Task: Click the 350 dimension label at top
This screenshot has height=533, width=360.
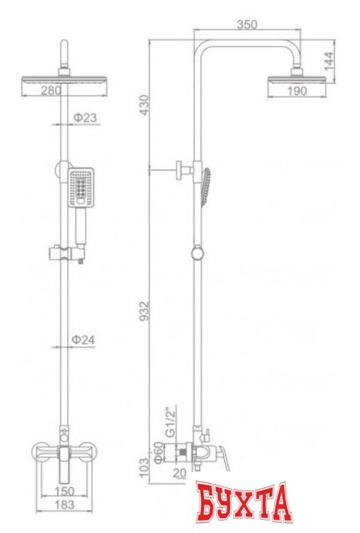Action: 247,25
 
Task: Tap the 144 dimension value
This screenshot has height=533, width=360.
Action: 328,61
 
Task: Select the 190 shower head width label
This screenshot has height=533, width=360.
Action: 297,91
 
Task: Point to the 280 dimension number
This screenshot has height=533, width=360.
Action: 52,91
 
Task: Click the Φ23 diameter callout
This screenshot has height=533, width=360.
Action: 85,118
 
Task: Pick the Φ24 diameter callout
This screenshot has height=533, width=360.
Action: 83,340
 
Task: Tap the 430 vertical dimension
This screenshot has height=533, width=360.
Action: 145,105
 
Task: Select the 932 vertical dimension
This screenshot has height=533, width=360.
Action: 145,311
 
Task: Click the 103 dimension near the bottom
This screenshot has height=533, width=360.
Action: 144,467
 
